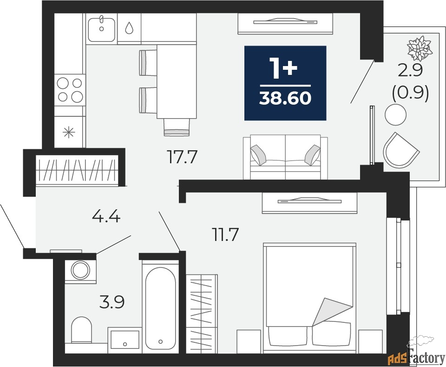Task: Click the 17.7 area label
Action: pos(182,157)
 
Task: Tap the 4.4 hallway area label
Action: pos(106,217)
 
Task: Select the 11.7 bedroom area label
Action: pos(225,234)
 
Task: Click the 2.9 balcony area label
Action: pos(410,71)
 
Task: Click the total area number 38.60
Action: pos(285,99)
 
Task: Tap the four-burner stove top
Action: pos(70,90)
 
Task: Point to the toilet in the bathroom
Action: pos(81,330)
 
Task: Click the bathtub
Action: pos(160,308)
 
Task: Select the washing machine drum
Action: pos(80,270)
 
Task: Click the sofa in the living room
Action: pos(285,157)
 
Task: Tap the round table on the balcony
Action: pos(395,114)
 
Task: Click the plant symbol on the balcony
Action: pos(420,48)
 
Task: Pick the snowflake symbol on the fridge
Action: pos(69,133)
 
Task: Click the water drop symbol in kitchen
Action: pos(129,28)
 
